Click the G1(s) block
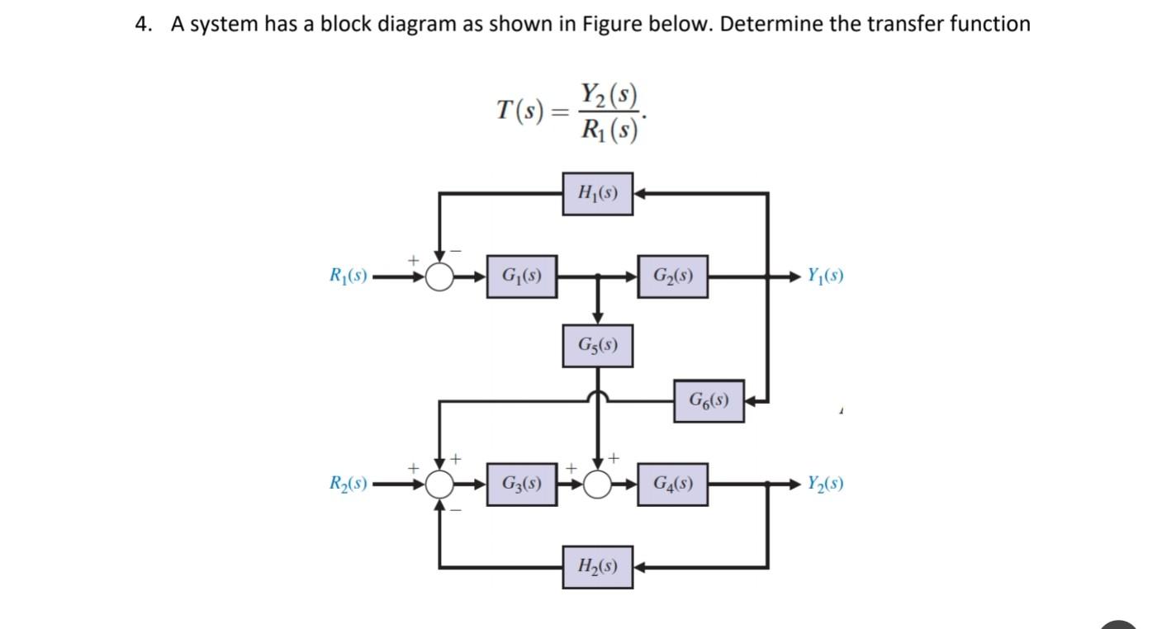521,277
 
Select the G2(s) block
672,277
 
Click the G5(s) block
598,346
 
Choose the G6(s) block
709,401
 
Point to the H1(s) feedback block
598,194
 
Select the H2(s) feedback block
598,567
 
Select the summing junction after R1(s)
441,277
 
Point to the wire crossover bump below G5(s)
598,397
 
